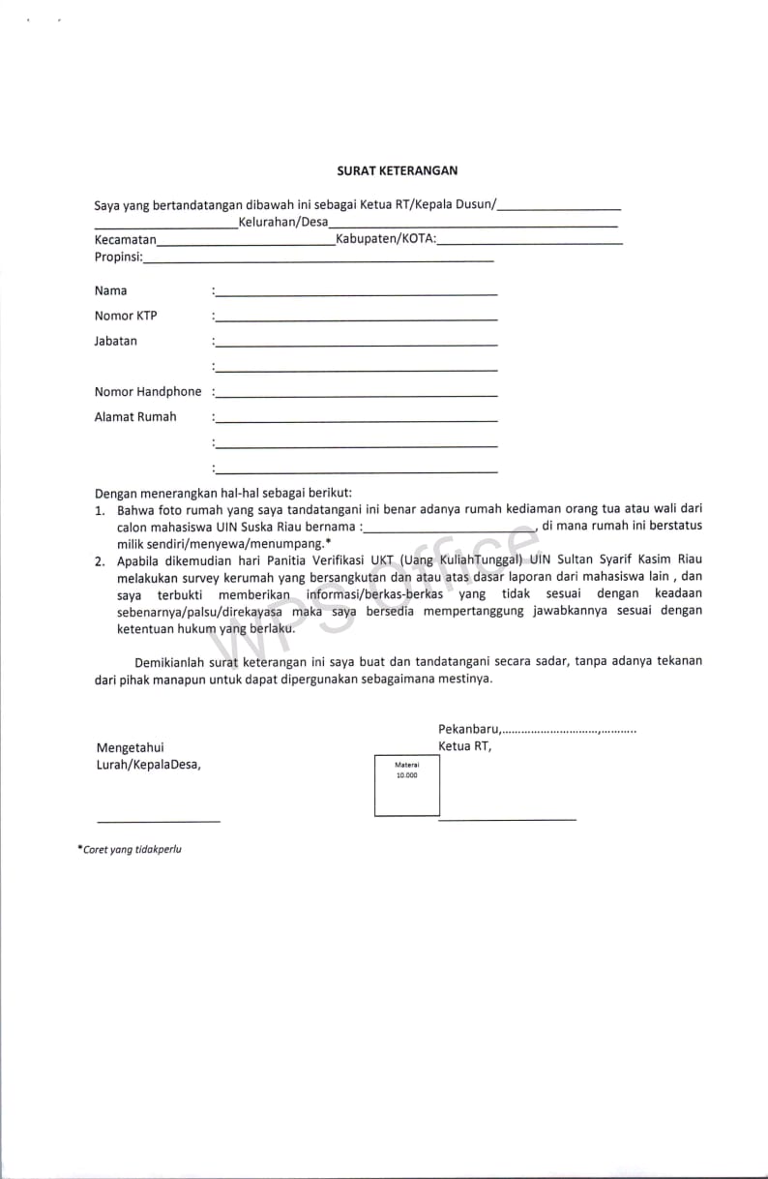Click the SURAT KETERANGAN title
[x=397, y=170]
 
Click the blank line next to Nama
[x=356, y=293]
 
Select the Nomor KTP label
[x=126, y=316]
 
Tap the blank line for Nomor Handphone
[x=356, y=395]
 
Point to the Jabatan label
[x=116, y=341]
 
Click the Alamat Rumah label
[x=135, y=417]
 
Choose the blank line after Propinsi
[x=318, y=261]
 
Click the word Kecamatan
[x=125, y=239]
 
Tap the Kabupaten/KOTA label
[x=385, y=239]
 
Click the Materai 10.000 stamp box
[x=406, y=785]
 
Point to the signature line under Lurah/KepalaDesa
[x=159, y=821]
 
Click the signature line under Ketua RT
[x=507, y=820]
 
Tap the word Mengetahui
[x=131, y=747]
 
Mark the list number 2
[x=100, y=560]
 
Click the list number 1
[x=100, y=509]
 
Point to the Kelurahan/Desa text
[x=283, y=223]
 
